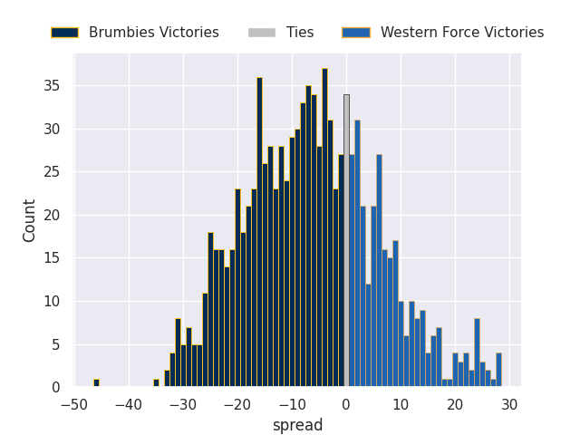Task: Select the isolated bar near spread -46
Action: pos(96,383)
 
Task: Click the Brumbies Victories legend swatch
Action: pos(64,33)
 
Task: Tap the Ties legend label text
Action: pos(300,33)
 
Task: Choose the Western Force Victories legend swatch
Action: pos(356,33)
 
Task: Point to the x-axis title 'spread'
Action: pos(297,425)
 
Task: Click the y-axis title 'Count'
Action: pos(30,220)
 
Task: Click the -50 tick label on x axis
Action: pos(74,405)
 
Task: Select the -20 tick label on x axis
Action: pos(237,405)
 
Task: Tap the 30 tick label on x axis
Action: pos(510,405)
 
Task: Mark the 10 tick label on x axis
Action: pos(401,405)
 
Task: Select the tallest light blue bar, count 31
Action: pos(357,254)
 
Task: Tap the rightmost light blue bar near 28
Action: pos(498,370)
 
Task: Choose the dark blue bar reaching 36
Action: pos(259,232)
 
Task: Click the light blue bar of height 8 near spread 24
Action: pos(477,353)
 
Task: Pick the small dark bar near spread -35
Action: pos(156,383)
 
